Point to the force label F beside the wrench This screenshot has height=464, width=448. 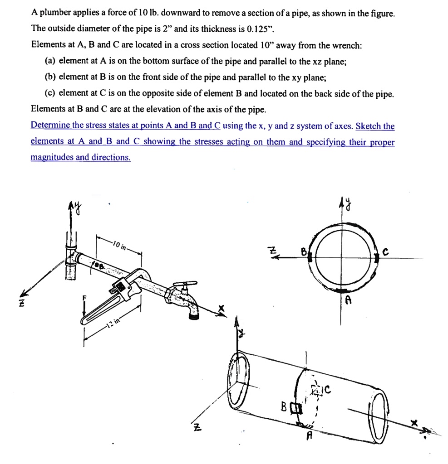pyautogui.click(x=84, y=298)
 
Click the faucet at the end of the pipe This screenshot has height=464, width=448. pyautogui.click(x=184, y=299)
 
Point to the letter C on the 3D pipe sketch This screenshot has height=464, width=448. pyautogui.click(x=328, y=388)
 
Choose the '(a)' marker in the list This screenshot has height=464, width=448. pyautogui.click(x=50, y=61)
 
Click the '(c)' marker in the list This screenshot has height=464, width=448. pyautogui.click(x=50, y=93)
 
